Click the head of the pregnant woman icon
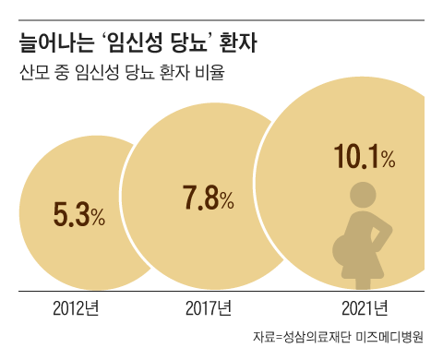click(x=359, y=197)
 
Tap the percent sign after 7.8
click(x=225, y=200)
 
